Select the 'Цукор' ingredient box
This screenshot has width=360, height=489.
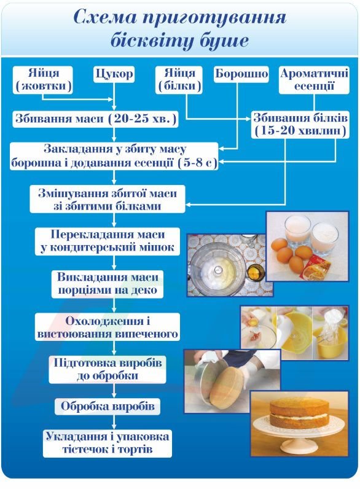pyautogui.click(x=114, y=74)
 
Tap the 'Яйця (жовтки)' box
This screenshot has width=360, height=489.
pyautogui.click(x=43, y=80)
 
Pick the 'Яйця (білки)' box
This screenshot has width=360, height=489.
pyautogui.click(x=179, y=80)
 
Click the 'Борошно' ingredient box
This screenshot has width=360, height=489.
pyautogui.click(x=241, y=74)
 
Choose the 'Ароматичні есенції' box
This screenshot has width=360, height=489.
pyautogui.click(x=314, y=80)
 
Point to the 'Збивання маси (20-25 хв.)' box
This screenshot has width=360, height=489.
pyautogui.click(x=95, y=119)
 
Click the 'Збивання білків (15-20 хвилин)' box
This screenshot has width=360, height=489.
pyautogui.click(x=300, y=125)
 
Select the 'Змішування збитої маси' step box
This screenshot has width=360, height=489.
pyautogui.click(x=108, y=199)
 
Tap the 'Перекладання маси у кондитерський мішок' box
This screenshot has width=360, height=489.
pyautogui.click(x=108, y=241)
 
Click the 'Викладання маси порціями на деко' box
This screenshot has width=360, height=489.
pyautogui.click(x=108, y=284)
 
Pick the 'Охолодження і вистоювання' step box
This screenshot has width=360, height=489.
pyautogui.click(x=108, y=327)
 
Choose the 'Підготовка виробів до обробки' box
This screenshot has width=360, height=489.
pyautogui.click(x=108, y=370)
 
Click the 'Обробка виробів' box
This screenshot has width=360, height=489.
pyautogui.click(x=108, y=406)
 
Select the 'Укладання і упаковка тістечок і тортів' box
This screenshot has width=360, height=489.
pyautogui.click(x=108, y=443)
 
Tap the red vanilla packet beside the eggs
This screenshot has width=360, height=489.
pyautogui.click(x=323, y=266)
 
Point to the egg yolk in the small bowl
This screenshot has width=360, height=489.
pyautogui.click(x=255, y=273)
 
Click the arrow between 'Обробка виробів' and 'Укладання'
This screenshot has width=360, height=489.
pyautogui.click(x=114, y=422)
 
